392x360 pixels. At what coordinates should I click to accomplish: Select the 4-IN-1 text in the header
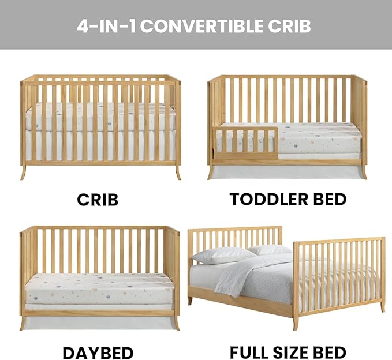(107, 27)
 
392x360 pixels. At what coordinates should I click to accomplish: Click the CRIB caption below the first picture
(98, 200)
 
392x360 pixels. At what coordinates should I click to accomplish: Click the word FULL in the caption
(249, 352)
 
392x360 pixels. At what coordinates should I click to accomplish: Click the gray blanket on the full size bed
(254, 277)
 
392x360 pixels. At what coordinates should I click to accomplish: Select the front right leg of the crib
(178, 172)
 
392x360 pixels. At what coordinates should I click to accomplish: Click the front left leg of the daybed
(23, 323)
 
